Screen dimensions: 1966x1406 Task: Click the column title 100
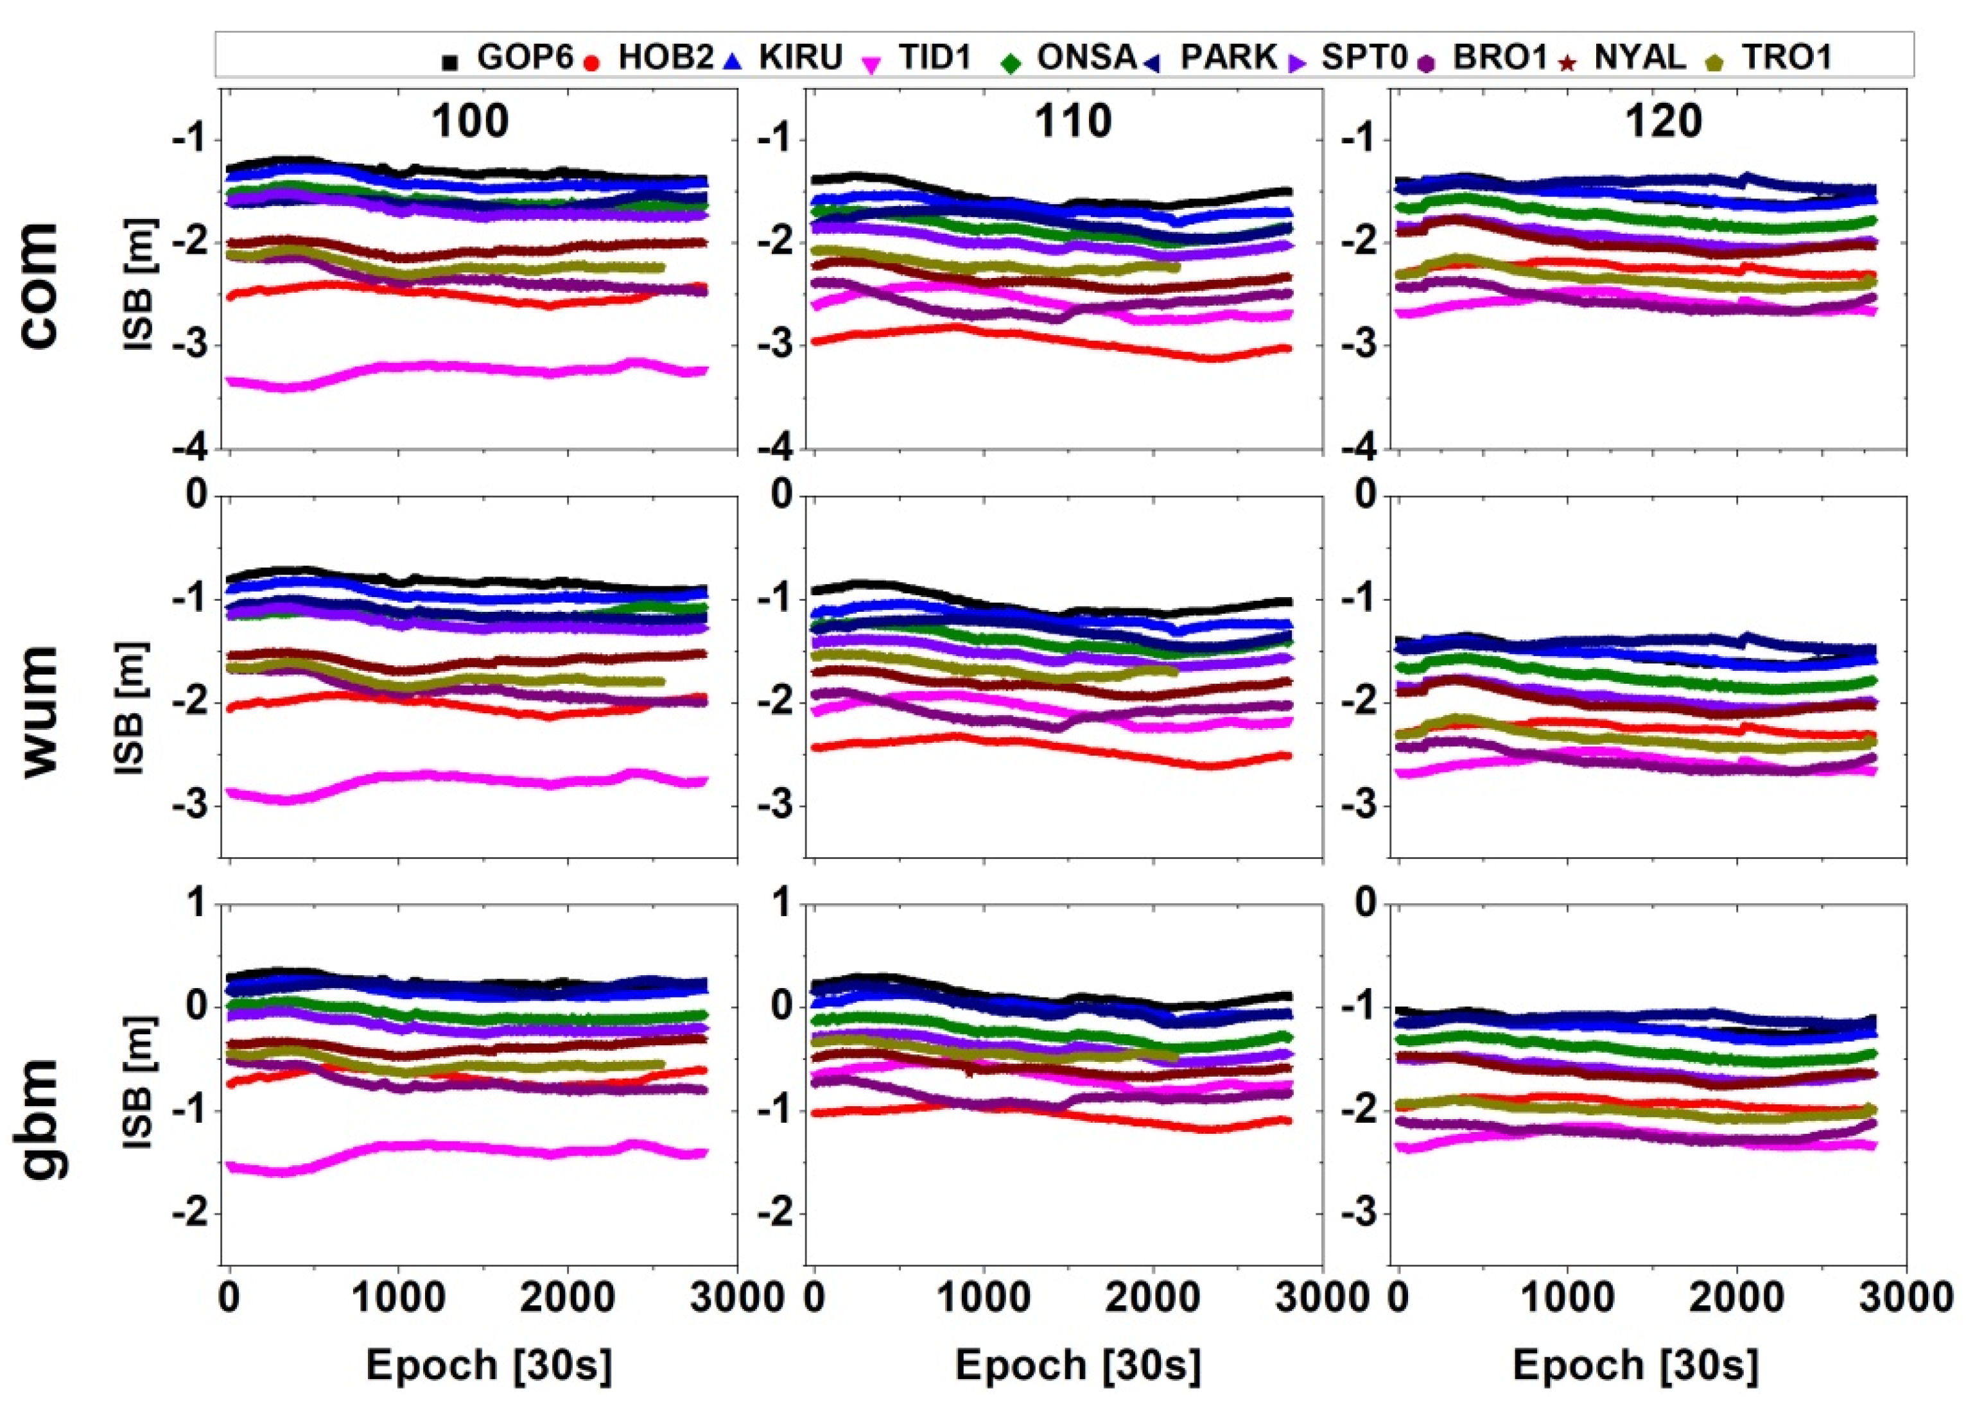point(470,121)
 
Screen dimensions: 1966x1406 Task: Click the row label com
point(39,285)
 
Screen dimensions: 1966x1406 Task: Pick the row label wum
point(39,711)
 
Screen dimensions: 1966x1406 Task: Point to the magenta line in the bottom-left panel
point(467,1147)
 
